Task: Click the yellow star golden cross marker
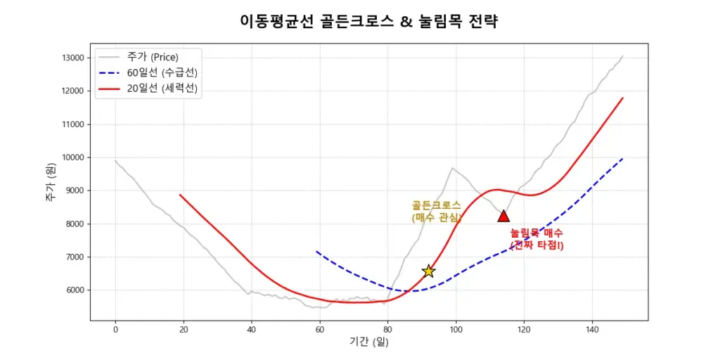(x=428, y=271)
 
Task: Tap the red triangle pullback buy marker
(x=503, y=216)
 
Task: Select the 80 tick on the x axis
(x=387, y=328)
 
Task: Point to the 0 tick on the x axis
(x=115, y=328)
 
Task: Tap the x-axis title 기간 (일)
(x=369, y=342)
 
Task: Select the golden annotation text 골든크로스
(x=436, y=205)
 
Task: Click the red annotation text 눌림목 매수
(x=536, y=233)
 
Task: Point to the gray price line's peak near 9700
(x=453, y=168)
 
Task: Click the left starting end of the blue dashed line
(x=316, y=251)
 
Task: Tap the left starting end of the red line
(x=180, y=195)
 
